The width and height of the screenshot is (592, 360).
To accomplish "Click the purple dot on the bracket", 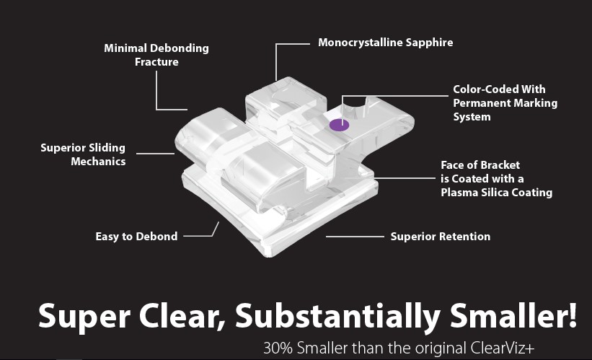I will point(339,125).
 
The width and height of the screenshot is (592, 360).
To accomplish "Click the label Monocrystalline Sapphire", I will point(386,43).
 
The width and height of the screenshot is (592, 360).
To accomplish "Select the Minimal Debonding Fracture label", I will point(156,55).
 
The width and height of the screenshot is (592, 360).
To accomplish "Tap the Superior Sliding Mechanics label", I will point(83,154).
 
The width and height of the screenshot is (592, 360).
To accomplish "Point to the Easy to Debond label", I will point(136,236).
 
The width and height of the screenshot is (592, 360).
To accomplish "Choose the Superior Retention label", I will point(440,236).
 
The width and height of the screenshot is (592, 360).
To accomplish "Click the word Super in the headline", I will point(75,315).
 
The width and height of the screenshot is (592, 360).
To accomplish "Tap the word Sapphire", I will point(430,43).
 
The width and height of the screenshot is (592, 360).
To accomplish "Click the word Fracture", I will point(156,62).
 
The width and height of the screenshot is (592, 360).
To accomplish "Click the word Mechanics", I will point(98,162).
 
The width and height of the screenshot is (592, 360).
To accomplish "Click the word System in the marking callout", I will point(472,117).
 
